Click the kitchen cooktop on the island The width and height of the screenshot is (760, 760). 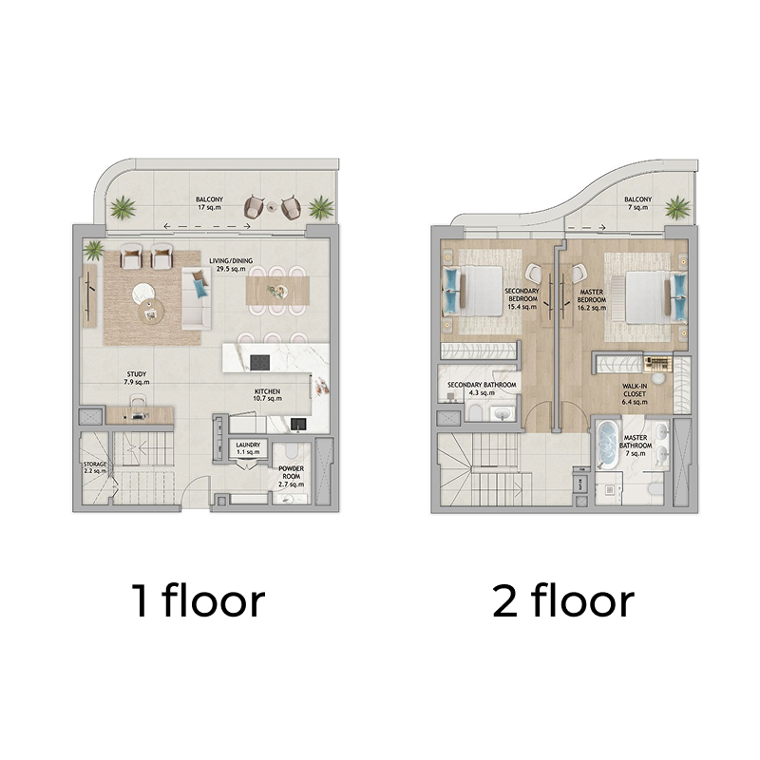(x=260, y=362)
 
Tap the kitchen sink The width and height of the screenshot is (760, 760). (x=298, y=425)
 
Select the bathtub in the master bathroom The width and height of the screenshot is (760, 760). (x=607, y=445)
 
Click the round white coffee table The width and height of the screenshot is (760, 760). (x=143, y=294)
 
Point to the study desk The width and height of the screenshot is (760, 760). (x=140, y=415)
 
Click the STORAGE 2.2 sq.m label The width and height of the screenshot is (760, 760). (x=95, y=467)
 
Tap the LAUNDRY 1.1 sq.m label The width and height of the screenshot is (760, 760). (x=248, y=448)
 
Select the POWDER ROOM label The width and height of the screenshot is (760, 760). (x=292, y=472)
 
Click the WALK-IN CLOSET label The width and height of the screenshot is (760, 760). (x=635, y=390)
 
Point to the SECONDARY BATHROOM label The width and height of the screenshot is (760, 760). (x=482, y=385)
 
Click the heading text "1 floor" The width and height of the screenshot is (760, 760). (x=199, y=600)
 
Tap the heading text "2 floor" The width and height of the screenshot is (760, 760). (x=563, y=600)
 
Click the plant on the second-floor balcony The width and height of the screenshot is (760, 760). (x=677, y=208)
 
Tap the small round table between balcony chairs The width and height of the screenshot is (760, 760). (x=273, y=206)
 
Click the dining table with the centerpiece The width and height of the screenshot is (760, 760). (x=277, y=291)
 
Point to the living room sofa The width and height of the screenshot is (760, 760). (x=197, y=298)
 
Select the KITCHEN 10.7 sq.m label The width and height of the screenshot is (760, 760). (x=267, y=395)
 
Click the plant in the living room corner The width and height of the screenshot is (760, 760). (x=93, y=251)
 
